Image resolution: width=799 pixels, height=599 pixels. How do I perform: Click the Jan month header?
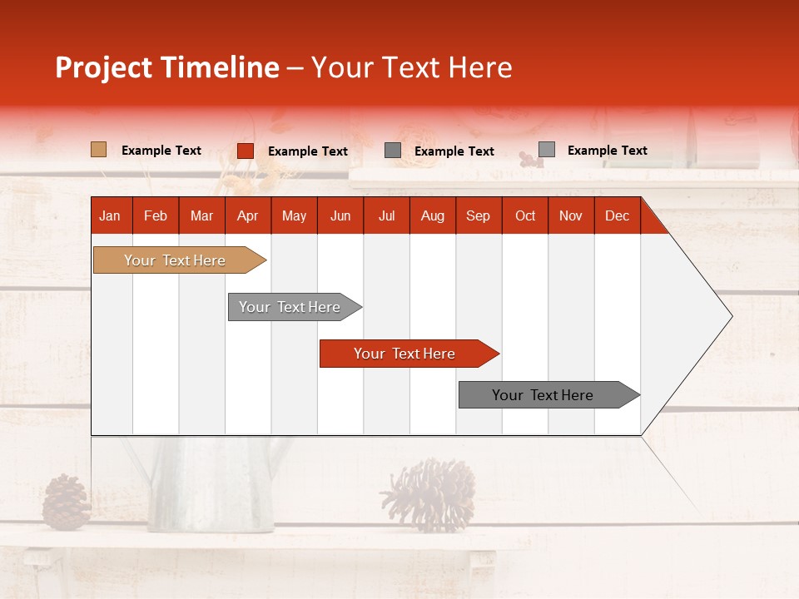[x=110, y=216]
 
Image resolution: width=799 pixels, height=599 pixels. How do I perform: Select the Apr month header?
[x=247, y=216]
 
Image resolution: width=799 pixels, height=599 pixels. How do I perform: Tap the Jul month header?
[x=386, y=216]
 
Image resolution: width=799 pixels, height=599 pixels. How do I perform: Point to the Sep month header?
[x=478, y=216]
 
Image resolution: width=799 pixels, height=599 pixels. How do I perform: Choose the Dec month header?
[x=617, y=216]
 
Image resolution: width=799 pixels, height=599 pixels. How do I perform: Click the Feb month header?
[x=156, y=216]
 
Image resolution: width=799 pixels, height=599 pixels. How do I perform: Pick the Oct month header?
[x=525, y=216]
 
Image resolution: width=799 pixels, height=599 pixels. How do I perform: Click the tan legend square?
[x=98, y=150]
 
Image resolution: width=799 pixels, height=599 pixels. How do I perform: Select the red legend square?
[x=245, y=151]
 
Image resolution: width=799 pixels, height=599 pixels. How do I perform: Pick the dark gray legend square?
[x=393, y=151]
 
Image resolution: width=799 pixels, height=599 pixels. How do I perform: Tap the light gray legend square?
[x=546, y=150]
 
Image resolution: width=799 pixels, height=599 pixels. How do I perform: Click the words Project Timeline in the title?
[x=166, y=67]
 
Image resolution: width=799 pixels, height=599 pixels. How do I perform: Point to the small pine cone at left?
[x=66, y=502]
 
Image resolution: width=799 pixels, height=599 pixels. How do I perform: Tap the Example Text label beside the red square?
[x=307, y=151]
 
